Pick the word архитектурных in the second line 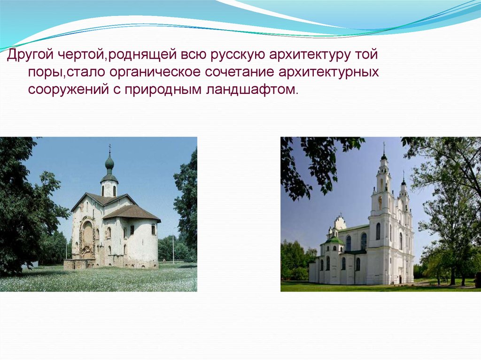[x=328, y=73]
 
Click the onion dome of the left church [x=109, y=162]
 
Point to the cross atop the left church [x=109, y=148]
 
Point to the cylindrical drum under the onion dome [x=109, y=188]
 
